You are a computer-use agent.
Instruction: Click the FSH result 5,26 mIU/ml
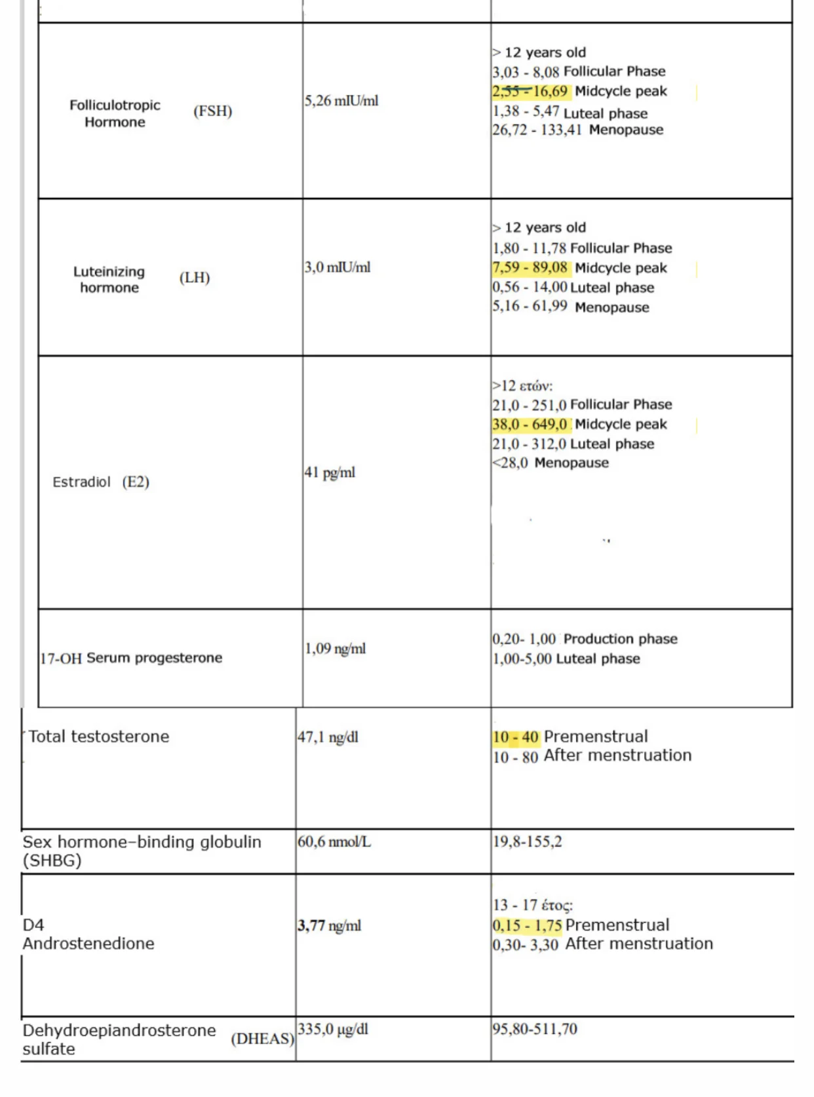coord(341,101)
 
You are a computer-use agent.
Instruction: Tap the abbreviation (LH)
coord(195,278)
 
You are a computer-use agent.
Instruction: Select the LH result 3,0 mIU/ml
coord(338,267)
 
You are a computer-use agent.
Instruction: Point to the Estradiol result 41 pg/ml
coord(330,472)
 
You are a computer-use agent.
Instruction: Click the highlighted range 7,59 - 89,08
coord(530,267)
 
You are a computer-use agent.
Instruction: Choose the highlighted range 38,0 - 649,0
coord(530,425)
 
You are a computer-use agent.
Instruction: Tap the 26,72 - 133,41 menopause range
coord(537,130)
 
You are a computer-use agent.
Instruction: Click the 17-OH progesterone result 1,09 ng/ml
coord(335,649)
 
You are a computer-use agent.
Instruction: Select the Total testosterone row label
coord(99,737)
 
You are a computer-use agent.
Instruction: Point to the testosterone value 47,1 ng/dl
coord(328,737)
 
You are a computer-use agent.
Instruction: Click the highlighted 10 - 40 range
coord(516,737)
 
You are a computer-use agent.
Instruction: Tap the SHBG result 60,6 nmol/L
coord(334,841)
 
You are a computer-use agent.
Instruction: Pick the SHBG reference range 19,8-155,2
coord(527,841)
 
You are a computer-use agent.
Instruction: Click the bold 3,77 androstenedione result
coord(312,925)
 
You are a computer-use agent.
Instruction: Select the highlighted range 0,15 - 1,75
coord(528,925)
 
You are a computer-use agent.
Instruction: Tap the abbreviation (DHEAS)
coord(262,1039)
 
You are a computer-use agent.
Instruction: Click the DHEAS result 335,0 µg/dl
coord(333,1029)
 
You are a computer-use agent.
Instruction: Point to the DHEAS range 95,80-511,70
coord(535,1029)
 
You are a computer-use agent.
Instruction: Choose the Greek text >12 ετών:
coord(523,385)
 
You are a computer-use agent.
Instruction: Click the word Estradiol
coord(82,482)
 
